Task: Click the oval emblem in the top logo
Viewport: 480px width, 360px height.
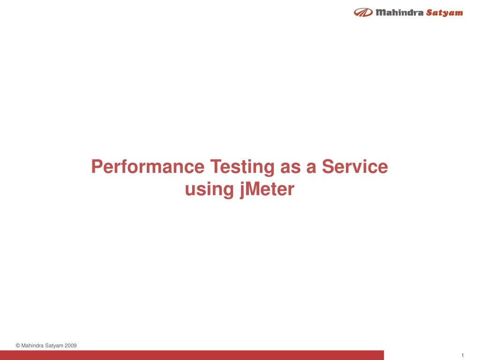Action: coord(363,13)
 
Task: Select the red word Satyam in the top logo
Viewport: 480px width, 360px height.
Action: coord(444,13)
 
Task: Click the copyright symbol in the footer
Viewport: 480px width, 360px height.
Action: coord(18,346)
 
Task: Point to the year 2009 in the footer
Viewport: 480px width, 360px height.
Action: coord(70,346)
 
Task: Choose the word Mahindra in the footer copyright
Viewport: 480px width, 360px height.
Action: coord(33,346)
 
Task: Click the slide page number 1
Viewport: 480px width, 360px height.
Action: coord(462,355)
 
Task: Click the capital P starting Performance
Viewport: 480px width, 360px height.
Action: coord(97,167)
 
